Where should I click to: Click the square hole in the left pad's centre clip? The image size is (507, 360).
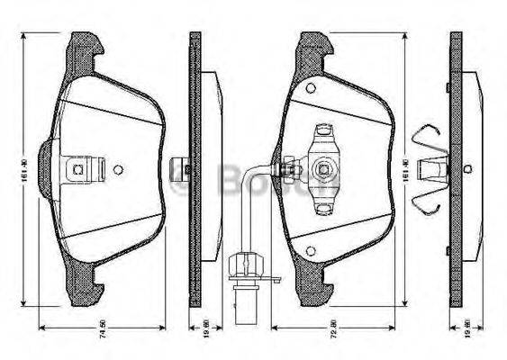coord(78,167)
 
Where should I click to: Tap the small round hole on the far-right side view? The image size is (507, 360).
coord(466,168)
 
